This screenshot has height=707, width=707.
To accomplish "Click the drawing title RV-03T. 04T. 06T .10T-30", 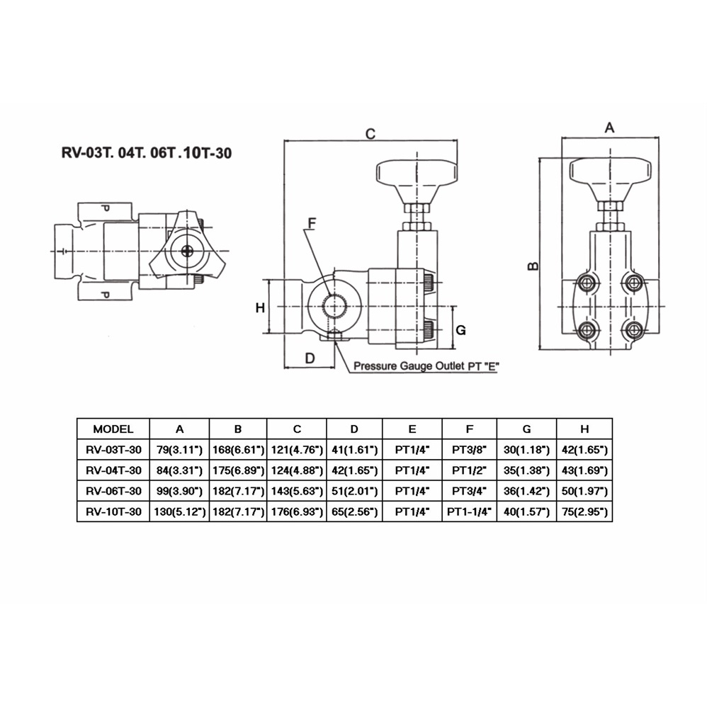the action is coord(147,153).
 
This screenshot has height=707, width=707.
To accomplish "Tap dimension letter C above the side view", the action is coord(371,134).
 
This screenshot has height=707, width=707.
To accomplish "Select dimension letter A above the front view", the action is coord(609,128).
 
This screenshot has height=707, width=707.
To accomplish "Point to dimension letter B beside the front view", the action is coord(533,266).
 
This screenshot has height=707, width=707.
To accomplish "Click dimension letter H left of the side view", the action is coord(260,308).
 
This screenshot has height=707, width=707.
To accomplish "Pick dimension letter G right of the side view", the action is coord(460,330).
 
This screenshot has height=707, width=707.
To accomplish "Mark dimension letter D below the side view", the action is coord(310,358).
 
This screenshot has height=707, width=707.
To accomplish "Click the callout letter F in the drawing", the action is coord(312,223).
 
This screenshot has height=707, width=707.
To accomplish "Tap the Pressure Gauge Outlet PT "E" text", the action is coord(426,366).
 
